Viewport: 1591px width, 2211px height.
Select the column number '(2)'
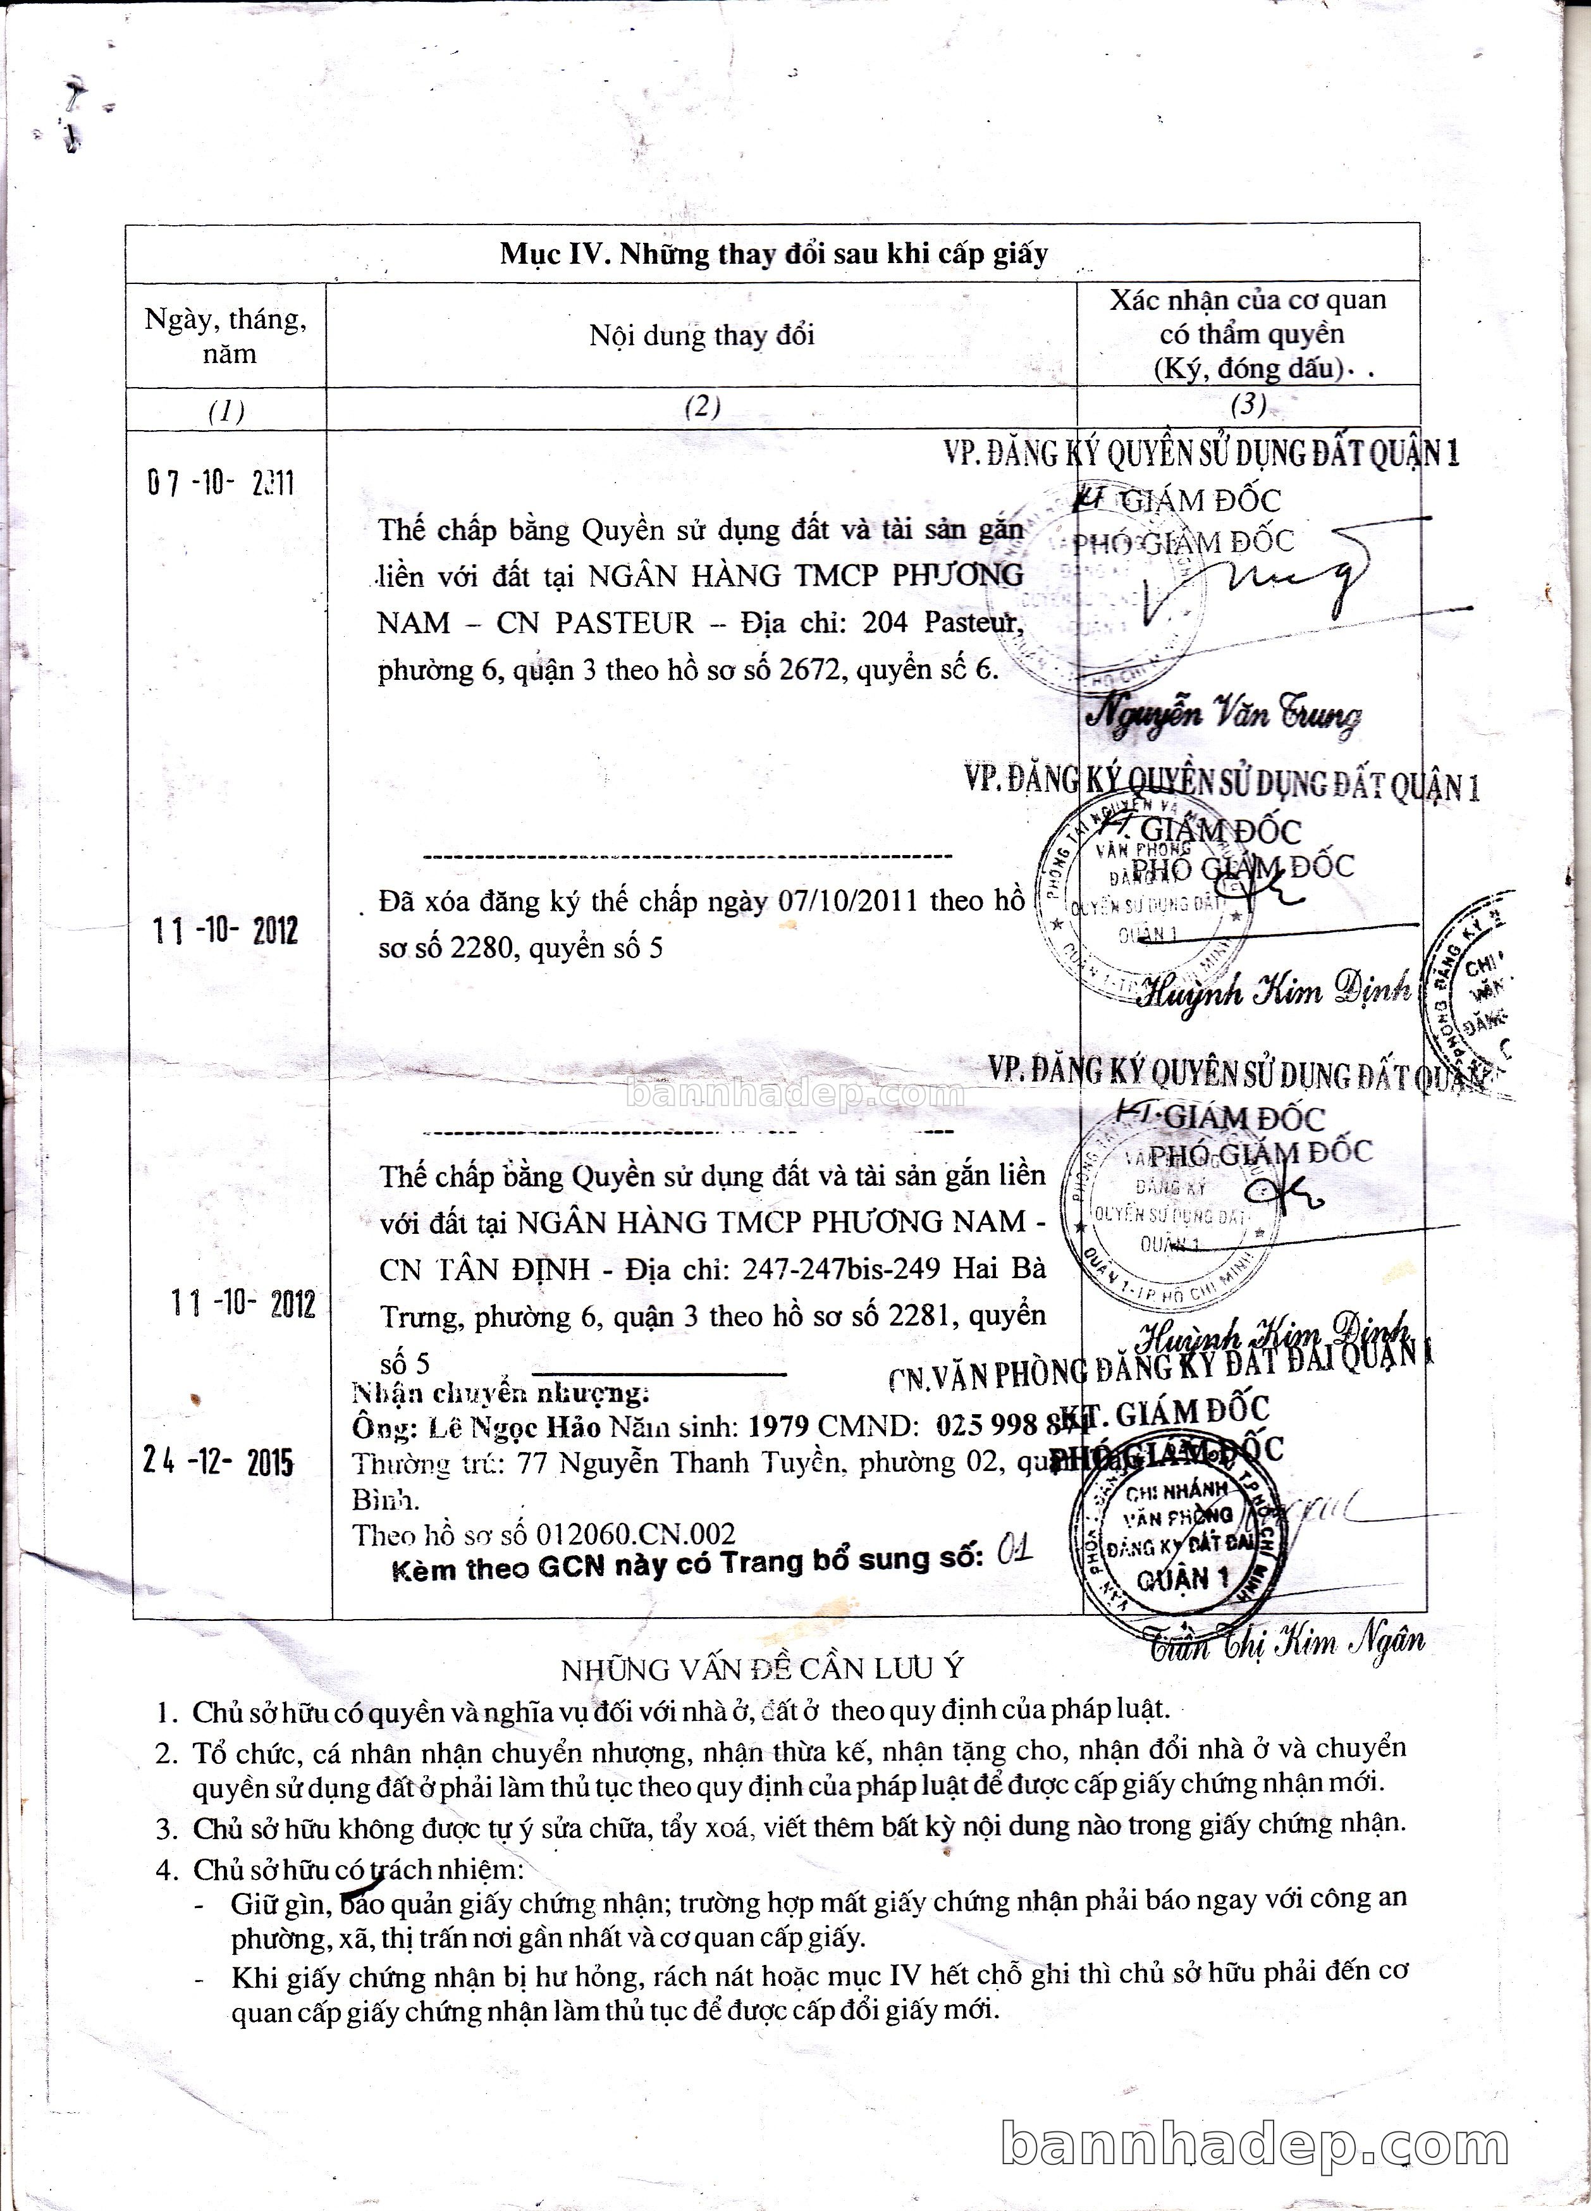coord(702,407)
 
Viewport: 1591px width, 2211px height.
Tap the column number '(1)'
coord(226,410)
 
